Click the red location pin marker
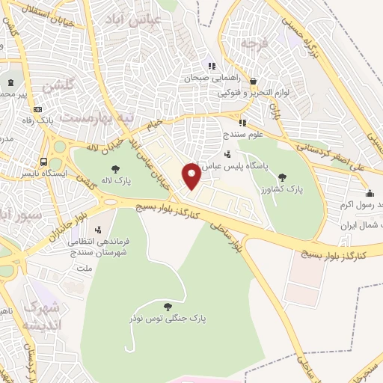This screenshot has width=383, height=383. tap(192, 177)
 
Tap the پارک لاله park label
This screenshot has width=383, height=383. tap(114, 181)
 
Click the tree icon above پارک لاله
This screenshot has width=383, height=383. tap(114, 169)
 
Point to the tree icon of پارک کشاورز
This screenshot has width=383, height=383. tap(282, 177)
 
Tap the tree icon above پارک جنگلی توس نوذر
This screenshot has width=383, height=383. tap(166, 306)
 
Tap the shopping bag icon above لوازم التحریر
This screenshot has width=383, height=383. tap(254, 82)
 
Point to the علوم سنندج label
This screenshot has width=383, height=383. tap(239, 136)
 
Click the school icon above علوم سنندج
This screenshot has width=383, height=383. tap(242, 123)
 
